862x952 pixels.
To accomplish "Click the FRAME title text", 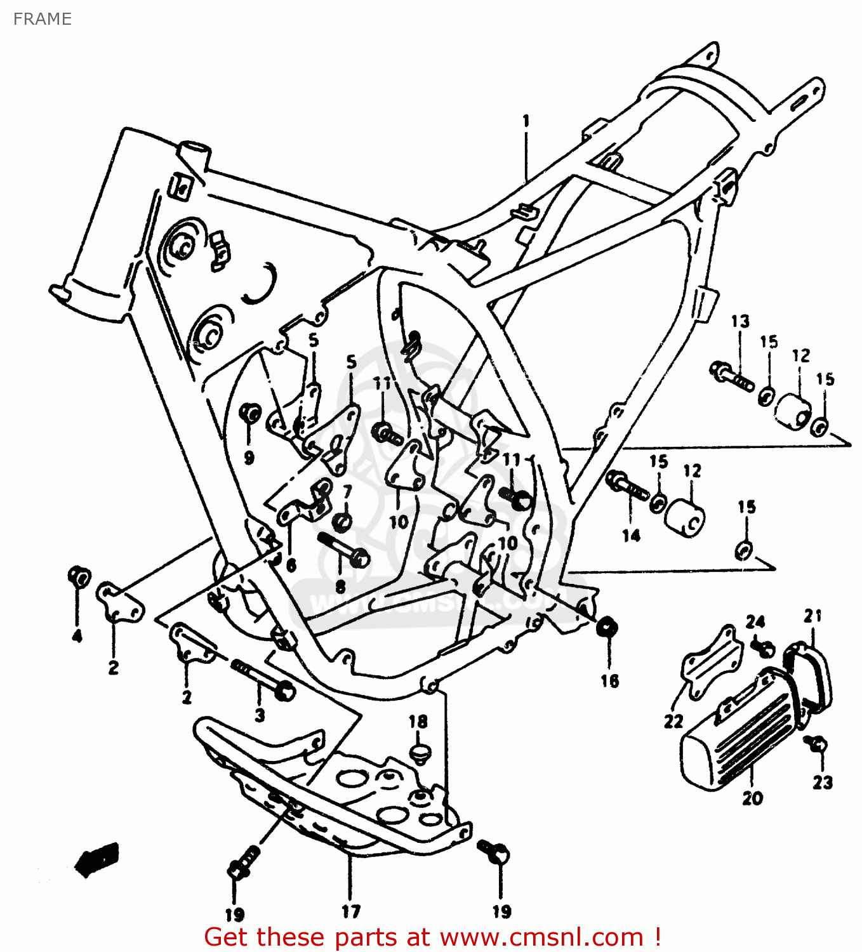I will pyautogui.click(x=42, y=19).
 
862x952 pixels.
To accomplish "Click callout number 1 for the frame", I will pyautogui.click(x=526, y=121).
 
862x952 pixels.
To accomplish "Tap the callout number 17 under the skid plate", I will pyautogui.click(x=350, y=911).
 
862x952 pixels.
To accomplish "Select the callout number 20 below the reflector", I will pyautogui.click(x=752, y=798).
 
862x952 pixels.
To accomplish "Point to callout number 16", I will pyautogui.click(x=609, y=681).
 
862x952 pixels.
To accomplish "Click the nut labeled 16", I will pyautogui.click(x=607, y=626).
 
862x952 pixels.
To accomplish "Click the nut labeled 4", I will pyautogui.click(x=79, y=576).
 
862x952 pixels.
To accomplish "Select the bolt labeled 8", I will pyautogui.click(x=342, y=549).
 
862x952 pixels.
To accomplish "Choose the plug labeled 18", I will pyautogui.click(x=419, y=753).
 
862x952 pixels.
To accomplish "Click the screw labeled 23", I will pyautogui.click(x=817, y=743).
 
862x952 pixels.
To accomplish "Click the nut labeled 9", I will pyautogui.click(x=249, y=413).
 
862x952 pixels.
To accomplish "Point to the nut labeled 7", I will pyautogui.click(x=343, y=521).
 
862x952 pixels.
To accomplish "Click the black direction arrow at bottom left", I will pyautogui.click(x=96, y=859).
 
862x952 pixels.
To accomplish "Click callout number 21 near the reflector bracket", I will pyautogui.click(x=812, y=615).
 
